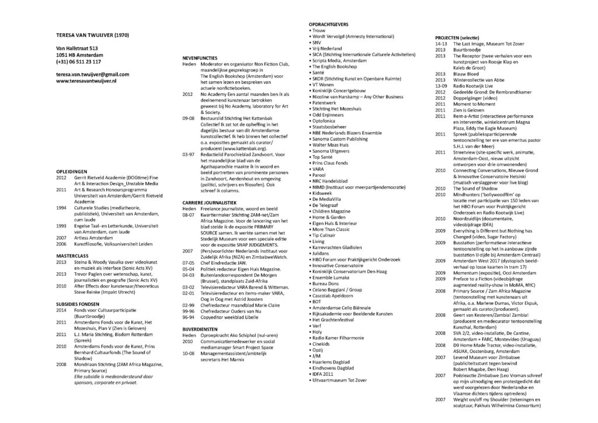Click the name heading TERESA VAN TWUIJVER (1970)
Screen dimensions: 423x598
pos(89,34)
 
